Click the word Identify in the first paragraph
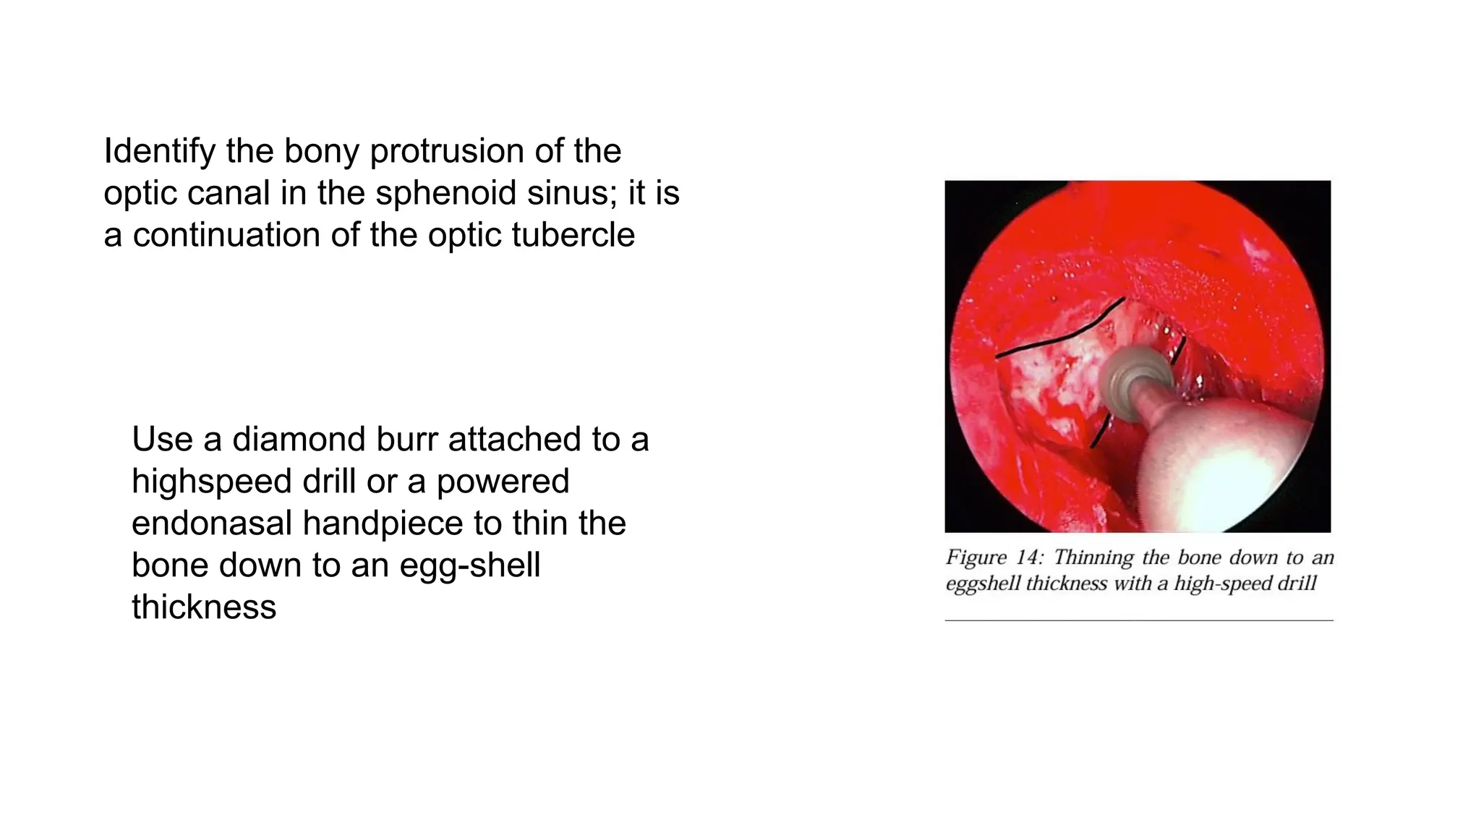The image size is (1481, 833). coord(159,151)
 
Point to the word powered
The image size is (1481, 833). coord(503,481)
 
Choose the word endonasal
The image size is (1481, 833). coord(212,523)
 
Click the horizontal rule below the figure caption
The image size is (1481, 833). coord(1138,620)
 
